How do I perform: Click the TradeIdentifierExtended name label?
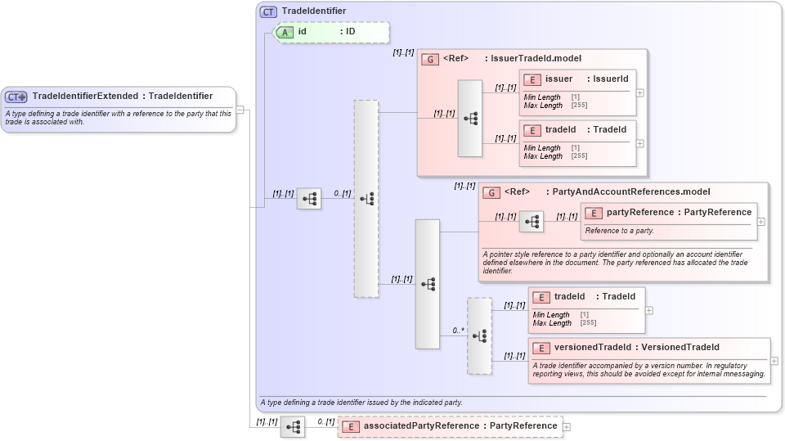click(x=85, y=97)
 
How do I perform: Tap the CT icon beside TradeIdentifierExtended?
click(x=17, y=97)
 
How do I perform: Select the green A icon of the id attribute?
click(x=285, y=32)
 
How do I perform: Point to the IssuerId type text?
click(x=610, y=79)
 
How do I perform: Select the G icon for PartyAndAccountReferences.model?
click(x=491, y=192)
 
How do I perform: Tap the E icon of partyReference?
click(x=594, y=213)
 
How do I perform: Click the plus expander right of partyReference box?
click(x=761, y=221)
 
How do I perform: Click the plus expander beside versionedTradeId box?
click(x=774, y=360)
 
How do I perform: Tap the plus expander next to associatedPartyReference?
click(x=567, y=426)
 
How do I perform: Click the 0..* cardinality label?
click(x=458, y=331)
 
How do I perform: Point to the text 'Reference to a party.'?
click(x=619, y=231)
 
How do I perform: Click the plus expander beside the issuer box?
click(x=640, y=92)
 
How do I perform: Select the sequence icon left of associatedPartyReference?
click(x=293, y=427)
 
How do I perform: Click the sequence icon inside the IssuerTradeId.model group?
click(x=470, y=119)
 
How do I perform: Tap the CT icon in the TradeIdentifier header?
click(x=268, y=11)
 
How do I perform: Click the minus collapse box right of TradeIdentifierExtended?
click(x=240, y=110)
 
